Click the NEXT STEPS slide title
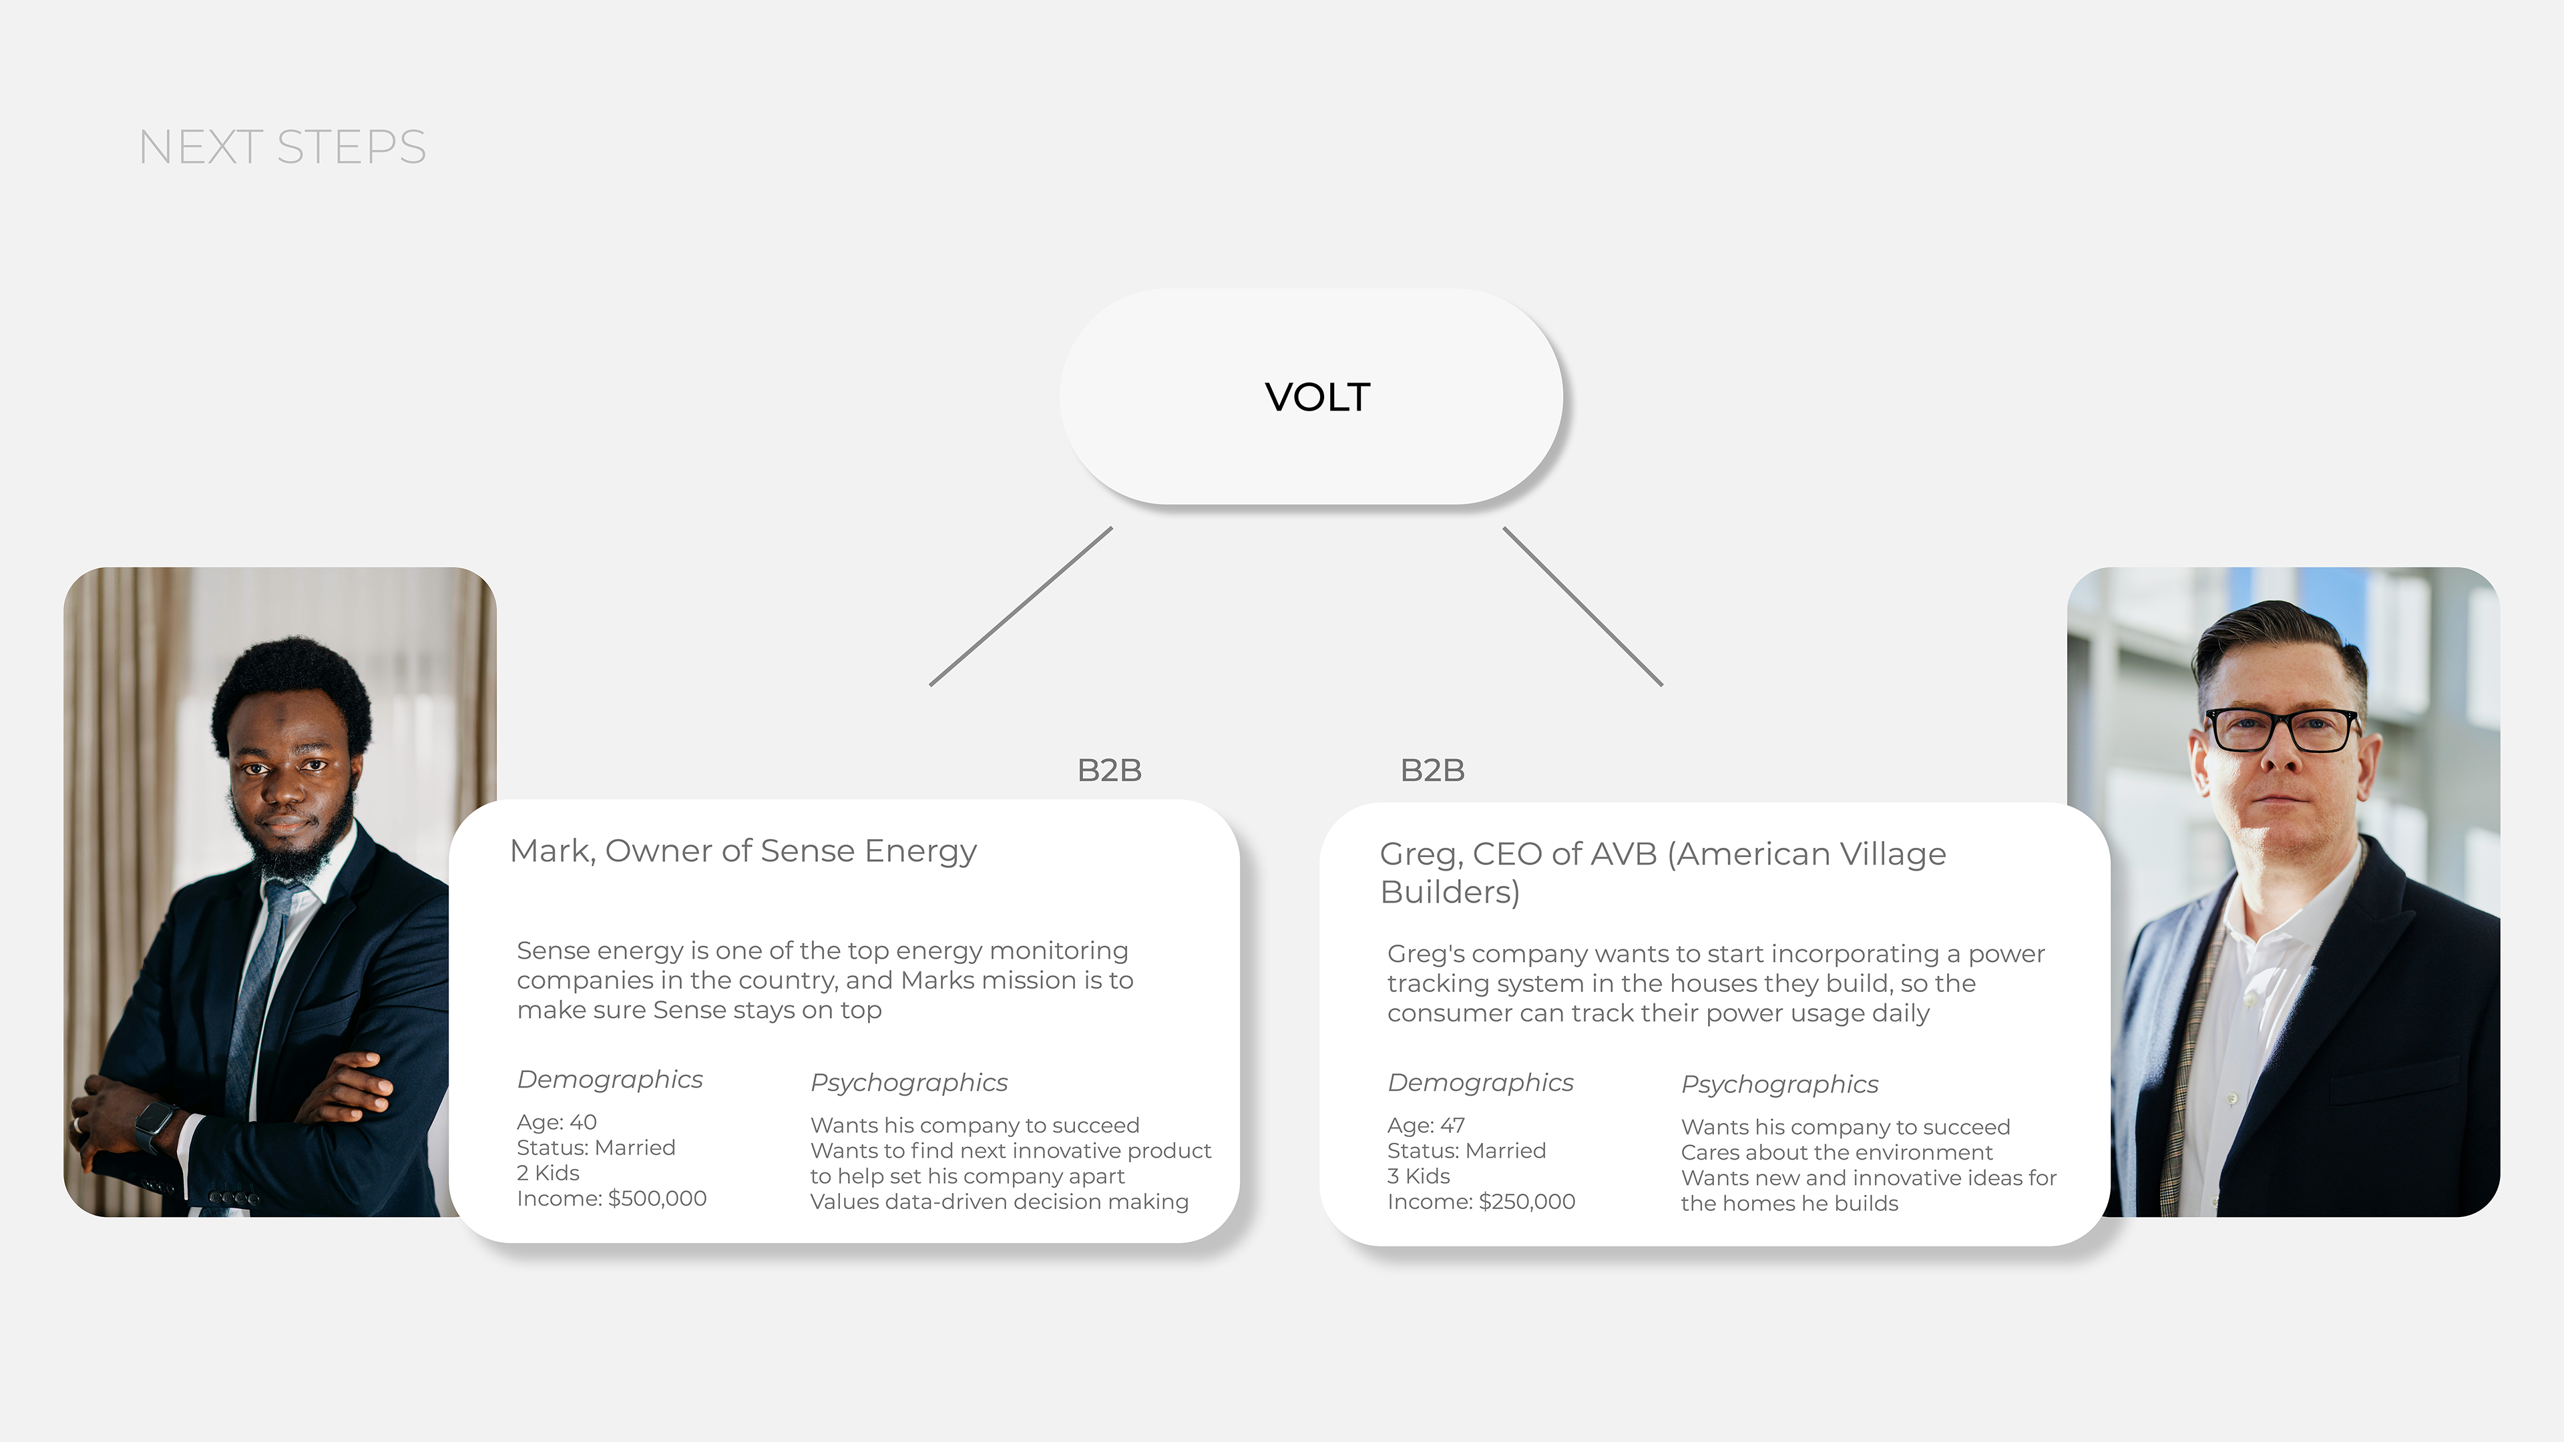point(282,148)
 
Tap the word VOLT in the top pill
point(1317,397)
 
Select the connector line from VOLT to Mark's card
point(1021,606)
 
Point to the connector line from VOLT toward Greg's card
point(1582,606)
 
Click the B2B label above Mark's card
point(1109,770)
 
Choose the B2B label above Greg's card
point(1432,770)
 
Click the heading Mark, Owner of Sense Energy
point(742,851)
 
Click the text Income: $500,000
point(611,1198)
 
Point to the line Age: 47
point(1426,1126)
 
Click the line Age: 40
point(556,1122)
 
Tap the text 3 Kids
point(1418,1176)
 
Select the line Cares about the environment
point(1836,1152)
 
